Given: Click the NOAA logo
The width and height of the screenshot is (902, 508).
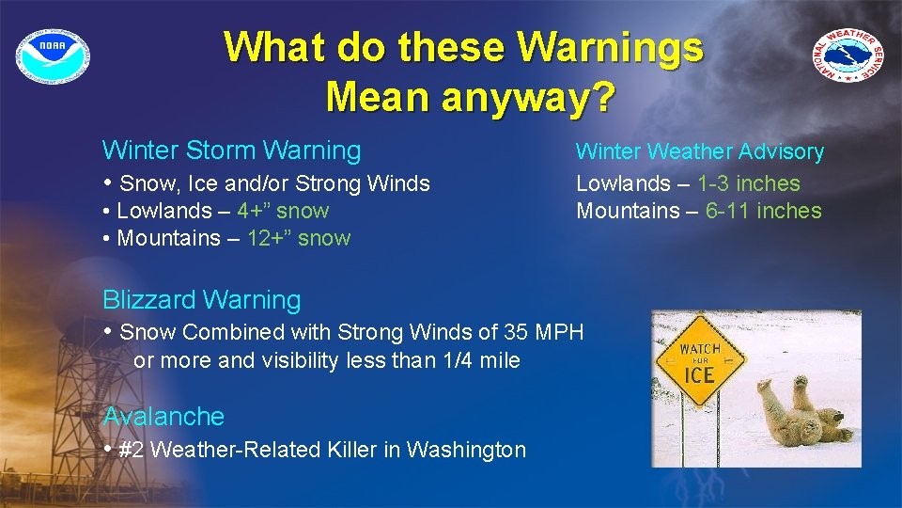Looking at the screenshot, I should (53, 53).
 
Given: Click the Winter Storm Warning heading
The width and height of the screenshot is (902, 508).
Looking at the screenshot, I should (231, 151).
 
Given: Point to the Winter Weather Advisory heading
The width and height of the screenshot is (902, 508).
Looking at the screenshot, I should (699, 151).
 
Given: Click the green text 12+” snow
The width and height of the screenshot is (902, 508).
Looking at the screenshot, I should (298, 238).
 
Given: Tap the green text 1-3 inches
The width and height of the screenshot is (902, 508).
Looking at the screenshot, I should (748, 183).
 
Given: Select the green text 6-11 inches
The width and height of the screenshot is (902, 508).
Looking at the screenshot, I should (763, 211).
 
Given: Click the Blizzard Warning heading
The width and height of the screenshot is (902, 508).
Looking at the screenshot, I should (202, 300).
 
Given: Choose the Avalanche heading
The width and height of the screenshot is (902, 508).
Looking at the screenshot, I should (163, 417).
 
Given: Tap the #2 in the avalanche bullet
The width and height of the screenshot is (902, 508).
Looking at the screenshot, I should (132, 450).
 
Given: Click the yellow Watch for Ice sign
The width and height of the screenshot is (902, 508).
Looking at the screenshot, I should (699, 361).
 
